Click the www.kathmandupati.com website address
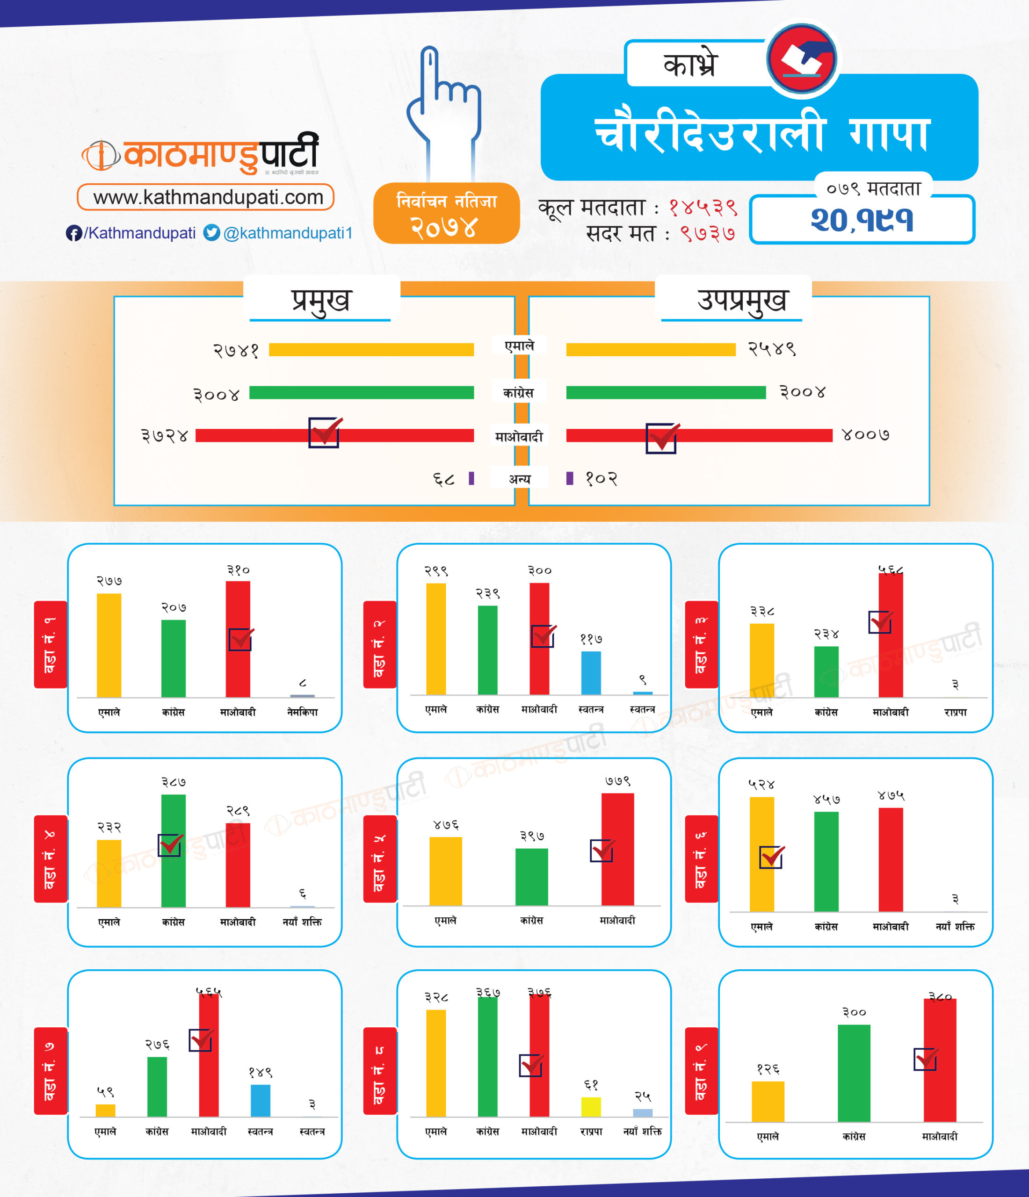[x=207, y=198]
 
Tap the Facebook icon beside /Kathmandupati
[x=73, y=233]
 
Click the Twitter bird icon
[x=211, y=233]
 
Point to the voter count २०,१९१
[x=862, y=220]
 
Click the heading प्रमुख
[x=321, y=300]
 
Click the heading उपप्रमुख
[x=742, y=300]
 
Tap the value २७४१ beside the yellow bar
[x=236, y=350]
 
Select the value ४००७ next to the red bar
[x=865, y=434]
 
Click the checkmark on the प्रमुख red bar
[x=325, y=432]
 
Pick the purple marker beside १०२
[x=570, y=478]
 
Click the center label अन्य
[x=519, y=479]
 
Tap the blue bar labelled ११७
[x=590, y=672]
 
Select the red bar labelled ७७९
[x=617, y=849]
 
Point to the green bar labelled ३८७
[x=174, y=851]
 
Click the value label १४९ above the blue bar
[x=261, y=1073]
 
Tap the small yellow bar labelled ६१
[x=590, y=1107]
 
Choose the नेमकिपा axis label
[x=302, y=712]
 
